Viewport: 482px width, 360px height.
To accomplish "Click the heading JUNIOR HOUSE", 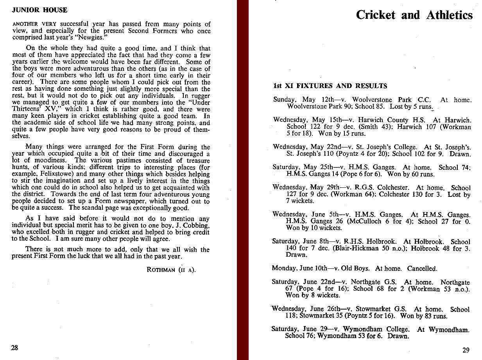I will tap(40, 10).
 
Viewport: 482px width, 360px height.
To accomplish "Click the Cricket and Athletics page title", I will tap(414, 15).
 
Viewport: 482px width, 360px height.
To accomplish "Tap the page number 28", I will tap(14, 348).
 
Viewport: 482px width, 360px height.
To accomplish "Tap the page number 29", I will tap(466, 350).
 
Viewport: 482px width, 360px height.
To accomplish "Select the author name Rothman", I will tap(160, 270).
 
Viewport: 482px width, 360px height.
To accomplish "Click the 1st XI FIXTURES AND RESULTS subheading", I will tap(330, 86).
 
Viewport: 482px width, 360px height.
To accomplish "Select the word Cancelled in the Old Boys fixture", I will tap(422, 268).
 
